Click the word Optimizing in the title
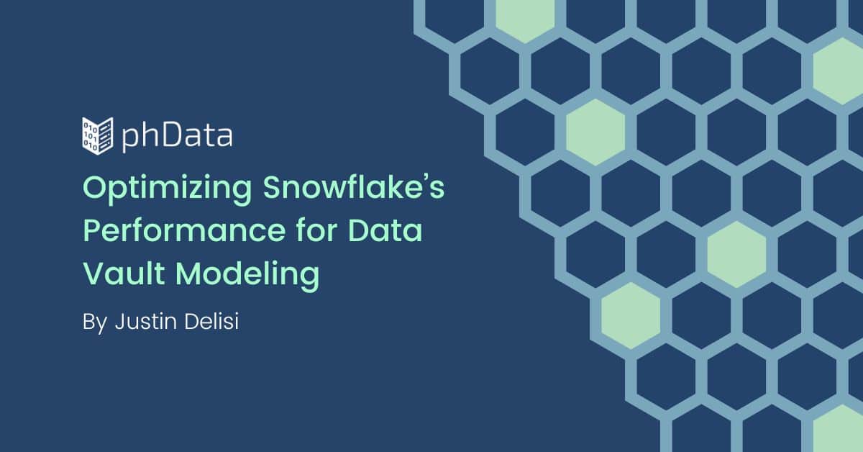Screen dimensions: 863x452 coord(167,190)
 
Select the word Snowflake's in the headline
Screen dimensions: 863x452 coord(354,187)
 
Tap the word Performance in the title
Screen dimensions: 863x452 coord(184,230)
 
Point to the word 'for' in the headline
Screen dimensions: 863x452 coord(317,230)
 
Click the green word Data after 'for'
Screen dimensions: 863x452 coord(385,230)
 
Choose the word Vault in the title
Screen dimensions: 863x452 coord(124,273)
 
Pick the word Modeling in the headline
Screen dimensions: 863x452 coord(247,276)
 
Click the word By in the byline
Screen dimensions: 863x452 coord(95,322)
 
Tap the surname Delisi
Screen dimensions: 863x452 coord(212,321)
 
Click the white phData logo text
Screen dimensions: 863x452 coord(177,136)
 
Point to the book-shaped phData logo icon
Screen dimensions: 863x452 coord(98,136)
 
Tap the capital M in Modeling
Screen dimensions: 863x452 coord(191,273)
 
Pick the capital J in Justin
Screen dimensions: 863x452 coord(121,322)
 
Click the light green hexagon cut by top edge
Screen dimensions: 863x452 coord(525,18)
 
